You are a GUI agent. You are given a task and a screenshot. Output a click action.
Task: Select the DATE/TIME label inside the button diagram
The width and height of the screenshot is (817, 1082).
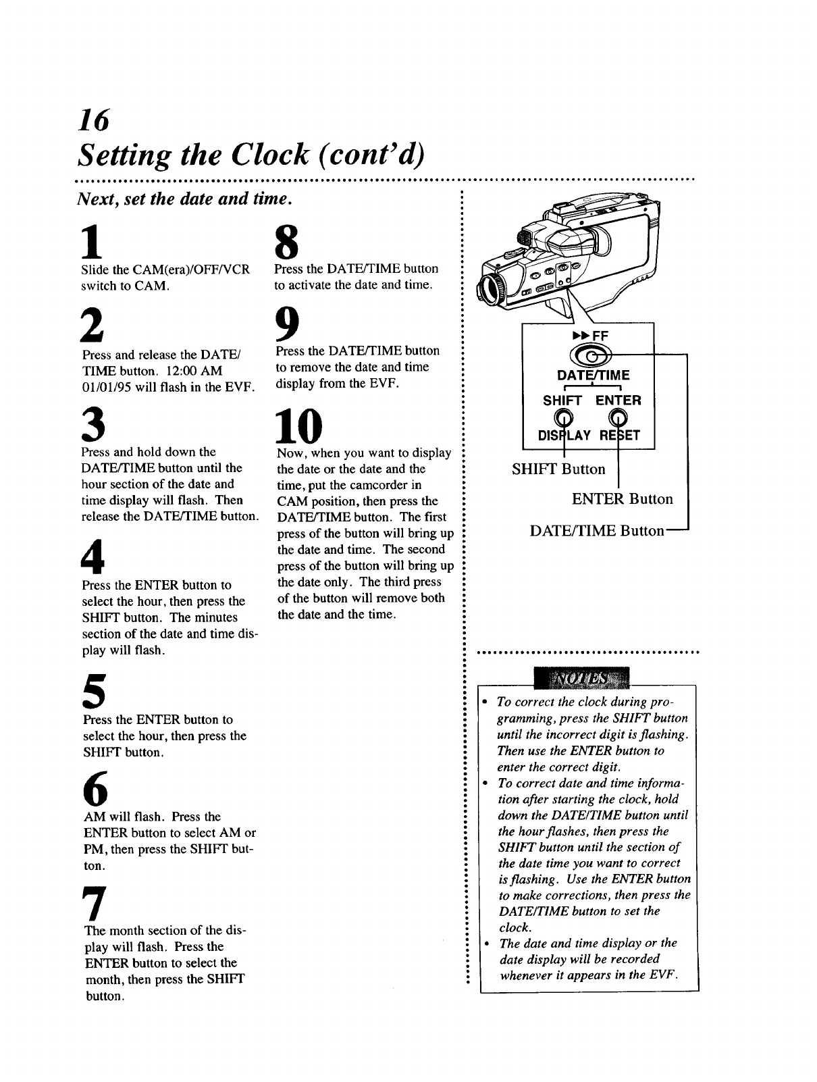pyautogui.click(x=593, y=375)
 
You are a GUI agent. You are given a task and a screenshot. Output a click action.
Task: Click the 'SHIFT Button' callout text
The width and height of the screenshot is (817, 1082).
pyautogui.click(x=558, y=469)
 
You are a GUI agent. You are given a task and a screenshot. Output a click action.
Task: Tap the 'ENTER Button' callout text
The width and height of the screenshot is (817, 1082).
pyautogui.click(x=622, y=499)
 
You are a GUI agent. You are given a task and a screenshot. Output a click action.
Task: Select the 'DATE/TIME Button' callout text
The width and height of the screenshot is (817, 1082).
pyautogui.click(x=597, y=531)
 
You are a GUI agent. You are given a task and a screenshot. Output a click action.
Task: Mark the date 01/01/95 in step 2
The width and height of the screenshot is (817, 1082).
pyautogui.click(x=109, y=387)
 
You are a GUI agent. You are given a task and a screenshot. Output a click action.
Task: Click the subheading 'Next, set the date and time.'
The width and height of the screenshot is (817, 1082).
pyautogui.click(x=184, y=199)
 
